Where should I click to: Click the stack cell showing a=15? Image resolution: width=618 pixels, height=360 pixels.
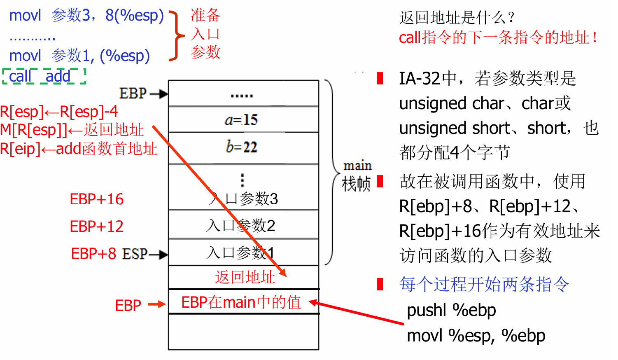click(243, 119)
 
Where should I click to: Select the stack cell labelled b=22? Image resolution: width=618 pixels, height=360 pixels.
click(243, 147)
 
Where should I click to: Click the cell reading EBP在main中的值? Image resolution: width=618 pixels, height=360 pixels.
click(242, 302)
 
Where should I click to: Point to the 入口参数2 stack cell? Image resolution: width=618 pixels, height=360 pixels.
click(243, 225)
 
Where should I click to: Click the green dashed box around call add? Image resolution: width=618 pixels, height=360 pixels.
click(44, 76)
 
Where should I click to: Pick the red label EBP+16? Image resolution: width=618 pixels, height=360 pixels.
click(97, 199)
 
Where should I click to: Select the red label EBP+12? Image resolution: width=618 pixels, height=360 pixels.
click(97, 227)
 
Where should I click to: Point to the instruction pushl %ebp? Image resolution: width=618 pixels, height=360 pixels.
click(451, 310)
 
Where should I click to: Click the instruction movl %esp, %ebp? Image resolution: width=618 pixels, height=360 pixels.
click(476, 336)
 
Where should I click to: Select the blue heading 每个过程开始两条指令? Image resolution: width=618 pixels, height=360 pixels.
click(484, 284)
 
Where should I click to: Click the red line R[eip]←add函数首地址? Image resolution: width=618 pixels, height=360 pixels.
click(78, 149)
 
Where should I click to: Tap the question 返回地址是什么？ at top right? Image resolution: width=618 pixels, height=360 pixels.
click(457, 18)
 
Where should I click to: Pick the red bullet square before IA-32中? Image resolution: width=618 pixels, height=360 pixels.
click(380, 78)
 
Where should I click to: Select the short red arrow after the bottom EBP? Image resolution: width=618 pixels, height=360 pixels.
click(156, 304)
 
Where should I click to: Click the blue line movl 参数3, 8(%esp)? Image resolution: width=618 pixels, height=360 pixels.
click(86, 16)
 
